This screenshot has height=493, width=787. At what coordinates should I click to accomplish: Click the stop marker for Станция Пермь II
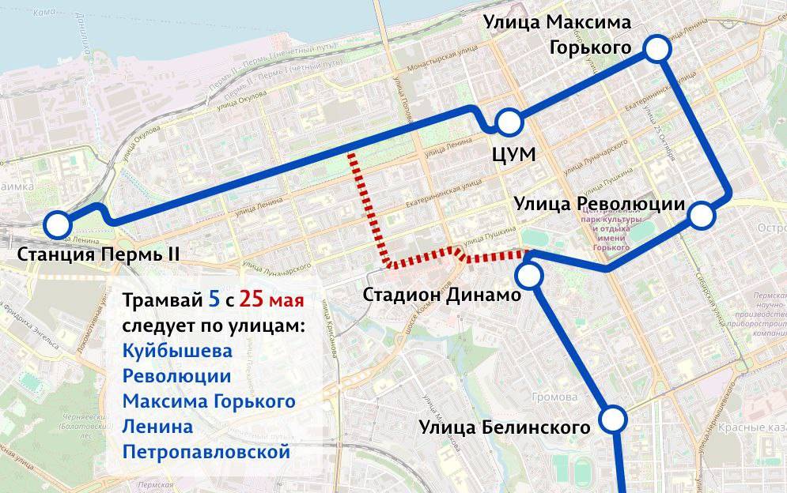(57, 224)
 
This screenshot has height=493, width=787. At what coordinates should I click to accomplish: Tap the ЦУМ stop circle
(508, 122)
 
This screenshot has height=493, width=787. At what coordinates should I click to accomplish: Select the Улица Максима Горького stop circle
(656, 49)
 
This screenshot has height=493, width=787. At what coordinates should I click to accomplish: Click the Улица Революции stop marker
(701, 215)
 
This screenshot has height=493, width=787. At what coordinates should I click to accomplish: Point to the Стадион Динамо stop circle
(528, 276)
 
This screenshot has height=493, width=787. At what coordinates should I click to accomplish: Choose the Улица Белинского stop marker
(613, 419)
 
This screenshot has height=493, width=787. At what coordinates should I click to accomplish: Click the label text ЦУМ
(513, 153)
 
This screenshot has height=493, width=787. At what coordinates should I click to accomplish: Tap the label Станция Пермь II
(99, 255)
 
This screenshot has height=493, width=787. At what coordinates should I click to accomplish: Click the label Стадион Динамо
(441, 295)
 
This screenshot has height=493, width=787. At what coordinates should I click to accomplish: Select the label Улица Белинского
(505, 428)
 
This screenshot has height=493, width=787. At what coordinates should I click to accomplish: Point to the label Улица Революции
(599, 204)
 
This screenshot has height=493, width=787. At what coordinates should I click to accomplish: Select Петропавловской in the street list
(206, 452)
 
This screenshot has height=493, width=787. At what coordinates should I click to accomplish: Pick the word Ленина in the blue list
(157, 427)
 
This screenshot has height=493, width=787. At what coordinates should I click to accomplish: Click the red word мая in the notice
(286, 302)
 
